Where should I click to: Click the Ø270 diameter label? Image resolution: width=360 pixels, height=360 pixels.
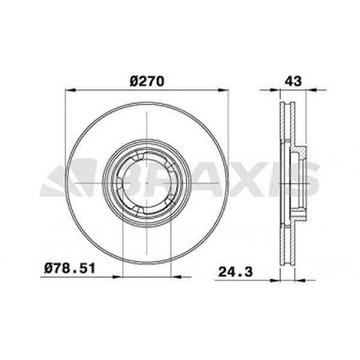[x=147, y=81]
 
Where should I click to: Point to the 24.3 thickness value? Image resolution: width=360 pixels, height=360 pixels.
[x=235, y=272]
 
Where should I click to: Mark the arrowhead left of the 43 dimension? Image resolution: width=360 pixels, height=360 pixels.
[x=275, y=90]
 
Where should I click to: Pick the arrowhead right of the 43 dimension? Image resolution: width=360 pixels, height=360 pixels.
[x=311, y=90]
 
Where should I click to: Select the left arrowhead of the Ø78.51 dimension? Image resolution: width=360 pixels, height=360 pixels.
[x=117, y=277]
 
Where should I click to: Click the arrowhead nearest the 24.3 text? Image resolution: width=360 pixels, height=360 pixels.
[x=275, y=279]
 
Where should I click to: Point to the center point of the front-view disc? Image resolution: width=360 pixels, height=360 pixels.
[x=147, y=183]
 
